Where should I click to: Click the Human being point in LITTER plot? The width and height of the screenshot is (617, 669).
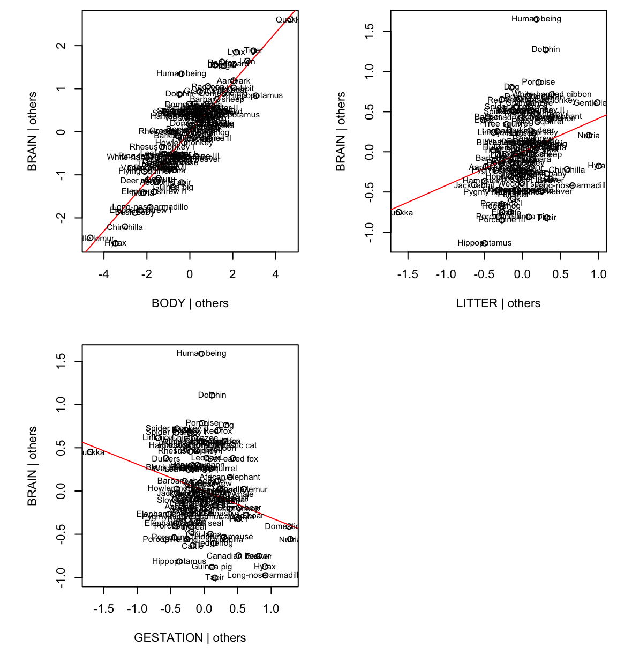click(536, 19)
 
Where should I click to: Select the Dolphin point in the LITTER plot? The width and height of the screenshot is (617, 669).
click(546, 50)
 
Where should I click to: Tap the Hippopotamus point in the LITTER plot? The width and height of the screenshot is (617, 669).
click(485, 243)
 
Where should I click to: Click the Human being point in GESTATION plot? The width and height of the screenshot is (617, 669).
click(201, 354)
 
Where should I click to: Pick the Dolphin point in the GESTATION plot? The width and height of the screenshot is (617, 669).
click(213, 396)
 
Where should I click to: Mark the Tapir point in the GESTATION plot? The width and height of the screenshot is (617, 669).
click(215, 578)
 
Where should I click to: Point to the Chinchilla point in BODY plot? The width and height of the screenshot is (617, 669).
click(125, 227)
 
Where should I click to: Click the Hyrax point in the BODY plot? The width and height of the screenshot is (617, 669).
click(115, 243)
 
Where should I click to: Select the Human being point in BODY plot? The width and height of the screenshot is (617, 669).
click(181, 74)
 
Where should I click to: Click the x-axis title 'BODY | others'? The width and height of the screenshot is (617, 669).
click(190, 303)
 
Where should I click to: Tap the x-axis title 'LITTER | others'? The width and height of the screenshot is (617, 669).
click(498, 303)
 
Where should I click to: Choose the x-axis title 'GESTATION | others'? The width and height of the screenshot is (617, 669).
click(190, 638)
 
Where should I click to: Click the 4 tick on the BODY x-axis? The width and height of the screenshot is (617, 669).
click(275, 274)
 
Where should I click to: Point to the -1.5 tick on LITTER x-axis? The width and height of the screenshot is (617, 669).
click(408, 274)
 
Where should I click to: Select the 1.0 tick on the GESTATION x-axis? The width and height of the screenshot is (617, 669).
click(271, 609)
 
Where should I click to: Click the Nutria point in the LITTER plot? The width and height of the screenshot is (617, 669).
click(589, 136)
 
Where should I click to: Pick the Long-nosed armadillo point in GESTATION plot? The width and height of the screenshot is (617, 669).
click(265, 576)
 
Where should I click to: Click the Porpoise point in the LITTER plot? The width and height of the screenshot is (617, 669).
click(538, 83)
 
